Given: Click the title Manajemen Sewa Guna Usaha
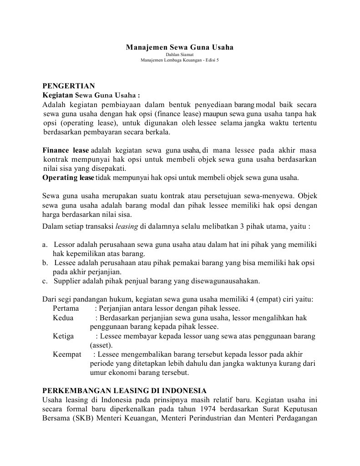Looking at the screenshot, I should point(179,47).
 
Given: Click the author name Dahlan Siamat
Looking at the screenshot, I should point(179,55).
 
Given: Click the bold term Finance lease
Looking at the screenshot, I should point(66,150).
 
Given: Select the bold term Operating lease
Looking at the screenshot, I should point(68,177).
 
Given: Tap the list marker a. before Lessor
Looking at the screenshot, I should point(45,245).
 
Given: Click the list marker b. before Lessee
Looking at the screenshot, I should point(45,263).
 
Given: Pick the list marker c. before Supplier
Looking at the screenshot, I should point(45,281).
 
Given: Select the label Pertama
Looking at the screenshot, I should point(66,308).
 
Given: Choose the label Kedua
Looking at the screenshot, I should point(63,317).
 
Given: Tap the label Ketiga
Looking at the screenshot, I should point(63,336).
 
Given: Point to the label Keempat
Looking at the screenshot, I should point(67,354).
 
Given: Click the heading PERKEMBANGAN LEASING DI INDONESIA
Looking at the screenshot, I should point(124,390).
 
